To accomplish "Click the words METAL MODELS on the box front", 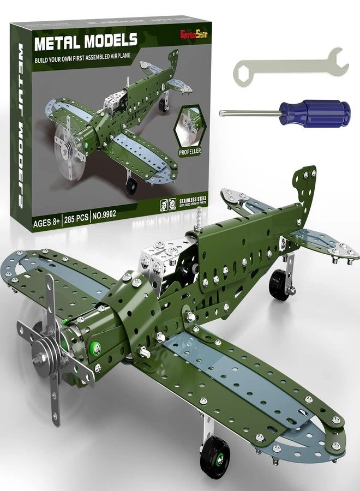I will tap(86, 42).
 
